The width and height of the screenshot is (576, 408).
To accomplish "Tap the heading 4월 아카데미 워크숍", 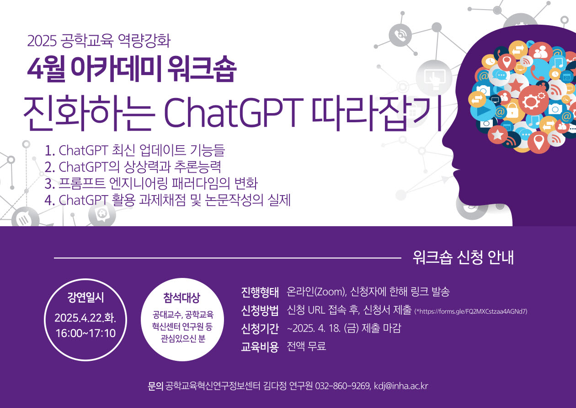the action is point(132,69).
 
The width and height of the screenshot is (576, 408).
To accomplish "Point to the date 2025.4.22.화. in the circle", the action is point(85,318).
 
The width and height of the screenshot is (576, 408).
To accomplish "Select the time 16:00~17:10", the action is point(85,333).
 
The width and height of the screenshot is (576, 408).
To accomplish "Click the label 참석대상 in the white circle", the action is point(182,298).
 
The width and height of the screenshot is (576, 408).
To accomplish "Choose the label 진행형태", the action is point(260,292).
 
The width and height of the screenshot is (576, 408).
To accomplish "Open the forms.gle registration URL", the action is point(470,311).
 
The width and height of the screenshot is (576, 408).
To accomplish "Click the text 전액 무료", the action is point(306,346).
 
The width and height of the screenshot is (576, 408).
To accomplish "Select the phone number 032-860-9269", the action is point(343,386).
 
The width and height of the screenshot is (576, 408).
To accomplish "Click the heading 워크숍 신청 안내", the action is point(464,257).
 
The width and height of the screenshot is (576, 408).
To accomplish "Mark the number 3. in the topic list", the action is point(50,184).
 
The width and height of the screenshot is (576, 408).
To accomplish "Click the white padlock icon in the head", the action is point(512,110).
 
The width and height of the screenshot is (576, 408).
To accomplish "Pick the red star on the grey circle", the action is point(515,86).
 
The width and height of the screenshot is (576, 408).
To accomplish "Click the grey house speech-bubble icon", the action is point(102,214).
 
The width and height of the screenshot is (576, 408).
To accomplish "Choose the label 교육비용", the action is point(260,347).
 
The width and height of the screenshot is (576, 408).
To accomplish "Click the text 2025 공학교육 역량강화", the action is point(99,41).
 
